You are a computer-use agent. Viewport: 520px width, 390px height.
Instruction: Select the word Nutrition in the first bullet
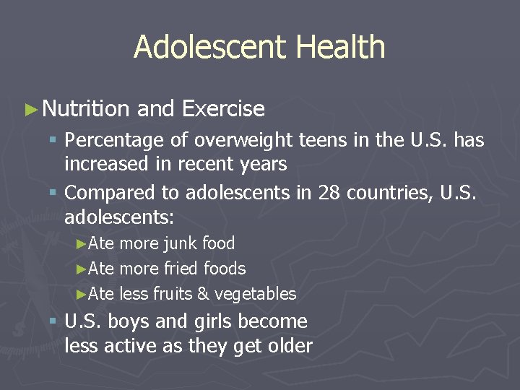click(x=86, y=109)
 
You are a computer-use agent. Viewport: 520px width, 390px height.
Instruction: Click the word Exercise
click(x=224, y=109)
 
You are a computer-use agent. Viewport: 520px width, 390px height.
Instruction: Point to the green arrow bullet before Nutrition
click(x=30, y=110)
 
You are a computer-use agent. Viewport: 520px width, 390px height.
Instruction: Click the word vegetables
click(x=256, y=294)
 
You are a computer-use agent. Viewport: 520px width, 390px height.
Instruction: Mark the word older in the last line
click(x=288, y=346)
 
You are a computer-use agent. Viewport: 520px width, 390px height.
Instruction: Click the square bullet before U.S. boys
click(x=53, y=321)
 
